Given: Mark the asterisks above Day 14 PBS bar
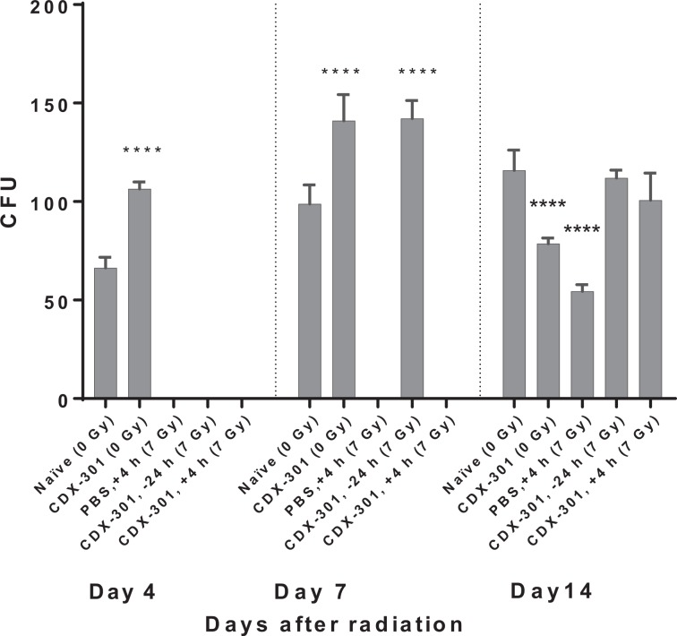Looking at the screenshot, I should coord(582,228).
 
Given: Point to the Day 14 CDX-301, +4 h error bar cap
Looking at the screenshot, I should coord(650,173).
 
